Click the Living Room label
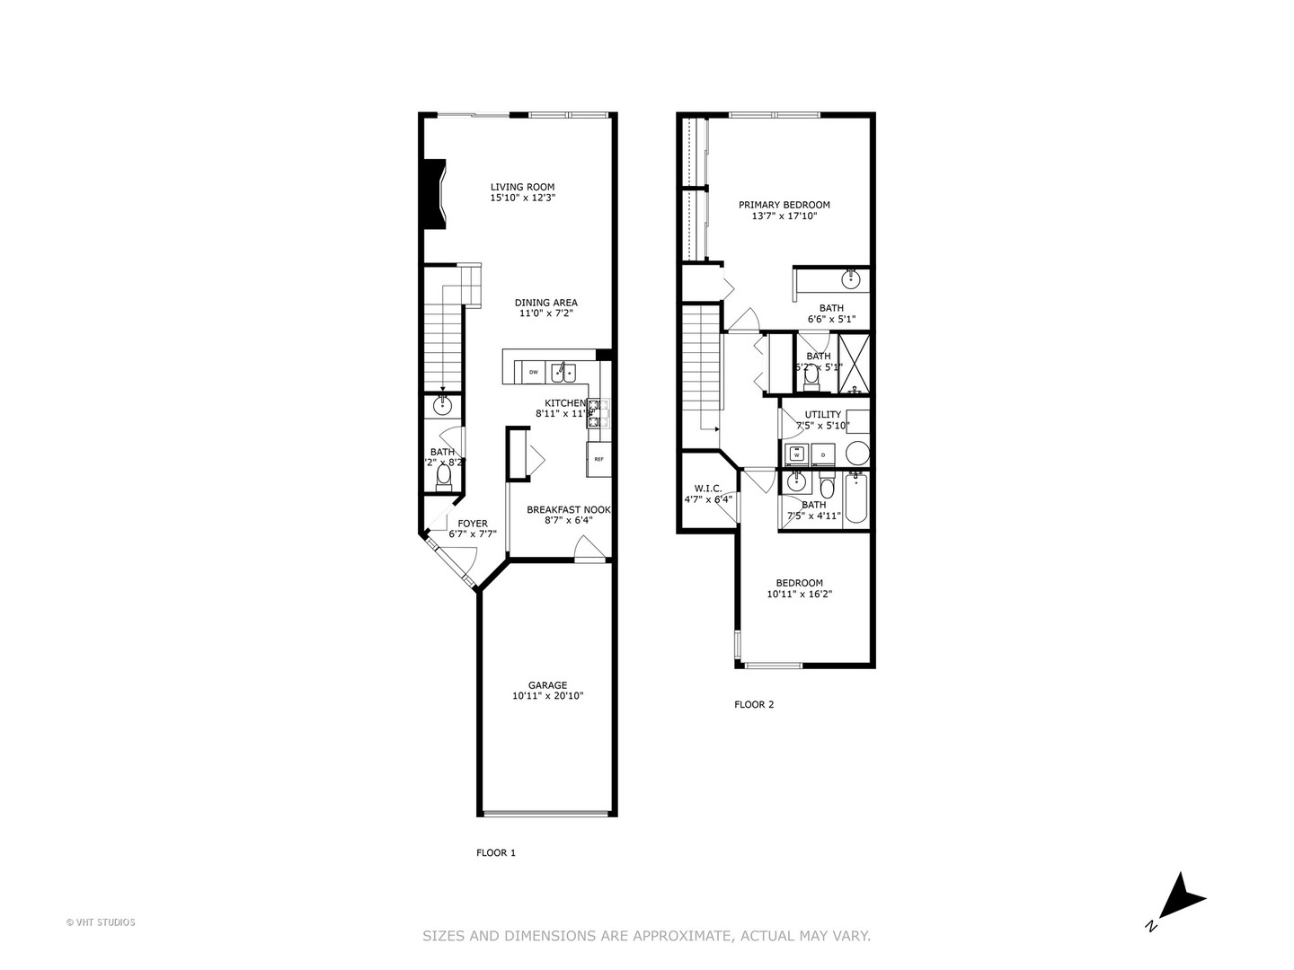[522, 187]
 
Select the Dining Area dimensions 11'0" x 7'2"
[545, 314]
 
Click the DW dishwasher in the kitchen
[533, 371]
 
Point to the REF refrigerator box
[598, 459]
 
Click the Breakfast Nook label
[568, 509]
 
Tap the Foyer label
[473, 524]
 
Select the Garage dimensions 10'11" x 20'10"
[547, 695]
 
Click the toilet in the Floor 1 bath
[443, 475]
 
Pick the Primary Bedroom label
[784, 205]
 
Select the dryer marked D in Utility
[823, 454]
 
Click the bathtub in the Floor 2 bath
[855, 500]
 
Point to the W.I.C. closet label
[708, 489]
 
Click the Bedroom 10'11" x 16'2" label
[799, 583]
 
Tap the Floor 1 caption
[496, 852]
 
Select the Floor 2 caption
[754, 704]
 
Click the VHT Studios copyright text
[101, 921]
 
